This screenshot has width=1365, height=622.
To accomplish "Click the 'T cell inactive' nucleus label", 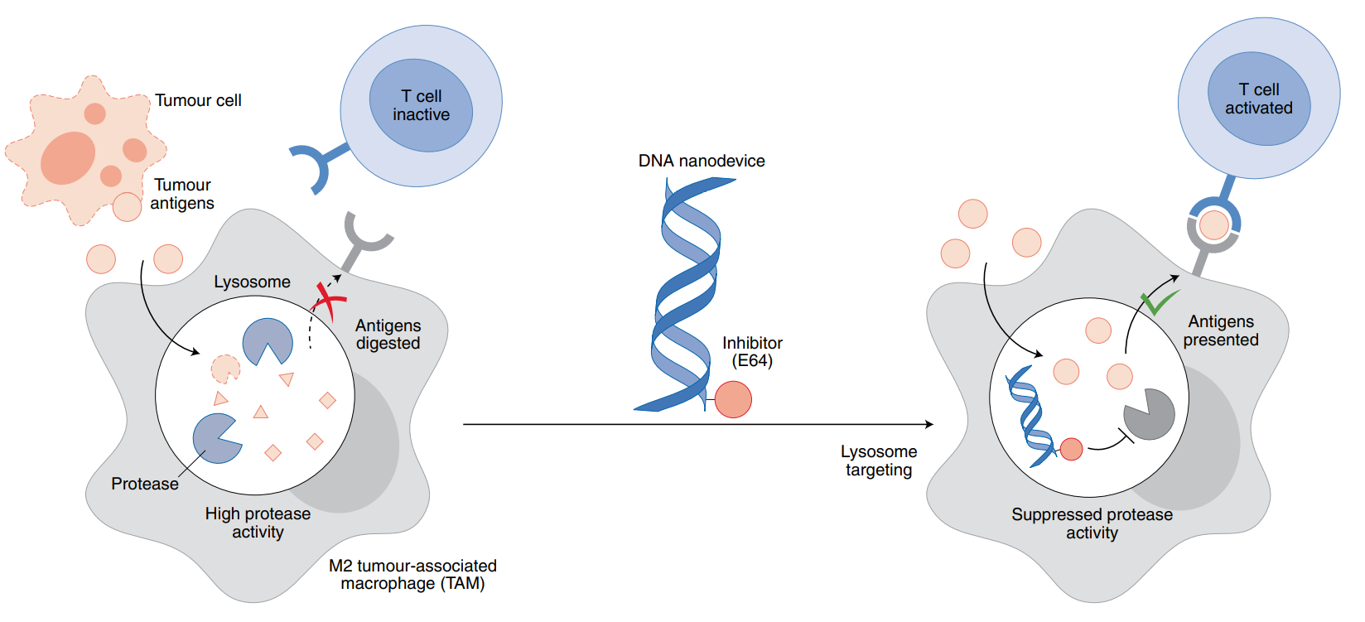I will (x=421, y=105).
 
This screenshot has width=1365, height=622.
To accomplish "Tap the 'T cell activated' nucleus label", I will (x=1258, y=99).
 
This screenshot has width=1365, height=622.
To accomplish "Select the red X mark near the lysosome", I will (x=329, y=299).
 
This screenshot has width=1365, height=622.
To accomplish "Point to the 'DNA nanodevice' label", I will (x=701, y=161).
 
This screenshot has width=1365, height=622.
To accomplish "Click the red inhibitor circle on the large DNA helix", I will (x=733, y=399).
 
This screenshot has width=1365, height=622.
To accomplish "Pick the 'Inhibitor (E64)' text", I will (x=752, y=351).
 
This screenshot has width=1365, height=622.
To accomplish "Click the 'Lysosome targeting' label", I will (x=878, y=460).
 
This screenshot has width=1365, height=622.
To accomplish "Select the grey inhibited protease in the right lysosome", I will (x=1150, y=414).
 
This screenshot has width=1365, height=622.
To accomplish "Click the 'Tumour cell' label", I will (x=198, y=100).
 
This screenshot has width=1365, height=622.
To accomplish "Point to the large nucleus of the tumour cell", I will (x=68, y=157).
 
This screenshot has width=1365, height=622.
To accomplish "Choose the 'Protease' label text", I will (x=145, y=484).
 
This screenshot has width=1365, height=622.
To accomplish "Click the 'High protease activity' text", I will (x=258, y=523).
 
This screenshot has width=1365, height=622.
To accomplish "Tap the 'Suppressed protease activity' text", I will (x=1092, y=523).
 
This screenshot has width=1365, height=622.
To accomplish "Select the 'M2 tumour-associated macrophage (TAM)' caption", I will (x=412, y=574).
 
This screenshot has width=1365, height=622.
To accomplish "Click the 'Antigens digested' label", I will (x=388, y=334).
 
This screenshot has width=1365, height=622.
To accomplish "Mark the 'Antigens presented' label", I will (x=1221, y=330).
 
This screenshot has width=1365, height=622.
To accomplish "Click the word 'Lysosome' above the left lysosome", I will (x=252, y=282).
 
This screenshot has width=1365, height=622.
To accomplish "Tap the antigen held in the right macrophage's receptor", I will (x=1213, y=224).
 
